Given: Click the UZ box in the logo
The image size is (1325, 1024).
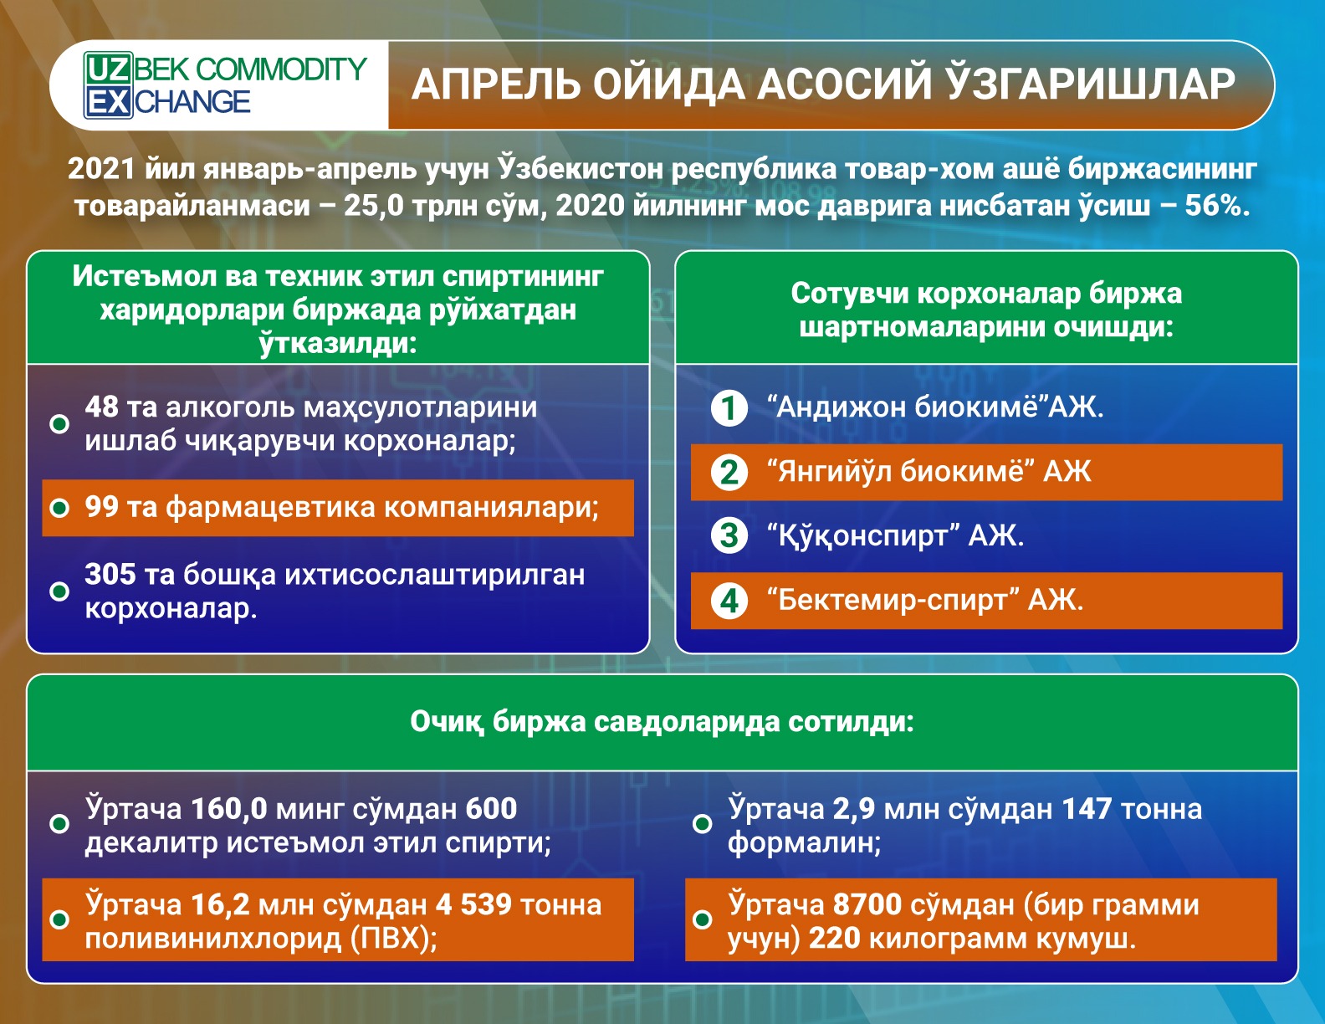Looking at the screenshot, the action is [x=108, y=69].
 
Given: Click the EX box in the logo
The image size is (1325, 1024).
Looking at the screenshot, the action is [x=108, y=102].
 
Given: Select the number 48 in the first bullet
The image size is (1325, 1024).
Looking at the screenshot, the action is [x=102, y=407].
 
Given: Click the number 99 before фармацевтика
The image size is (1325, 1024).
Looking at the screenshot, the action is [x=102, y=507].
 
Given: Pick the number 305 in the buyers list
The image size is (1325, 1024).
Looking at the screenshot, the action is [x=110, y=574].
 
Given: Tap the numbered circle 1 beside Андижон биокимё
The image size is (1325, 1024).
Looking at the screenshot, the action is [x=729, y=408].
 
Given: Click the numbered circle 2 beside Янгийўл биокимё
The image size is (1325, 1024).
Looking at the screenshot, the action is [x=729, y=473].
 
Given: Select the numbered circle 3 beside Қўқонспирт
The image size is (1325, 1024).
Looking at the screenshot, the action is [x=729, y=536].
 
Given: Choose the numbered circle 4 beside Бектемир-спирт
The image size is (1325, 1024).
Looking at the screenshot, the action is [x=729, y=601].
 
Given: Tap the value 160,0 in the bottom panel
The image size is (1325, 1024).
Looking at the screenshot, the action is [x=229, y=809].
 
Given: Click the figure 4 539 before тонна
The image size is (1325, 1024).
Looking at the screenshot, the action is [x=473, y=904].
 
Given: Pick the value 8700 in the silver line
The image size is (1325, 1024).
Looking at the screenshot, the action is [x=867, y=904].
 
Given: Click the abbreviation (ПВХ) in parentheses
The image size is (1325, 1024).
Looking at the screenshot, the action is [x=394, y=939].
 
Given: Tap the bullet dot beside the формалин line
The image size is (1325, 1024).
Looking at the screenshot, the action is [x=703, y=824].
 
